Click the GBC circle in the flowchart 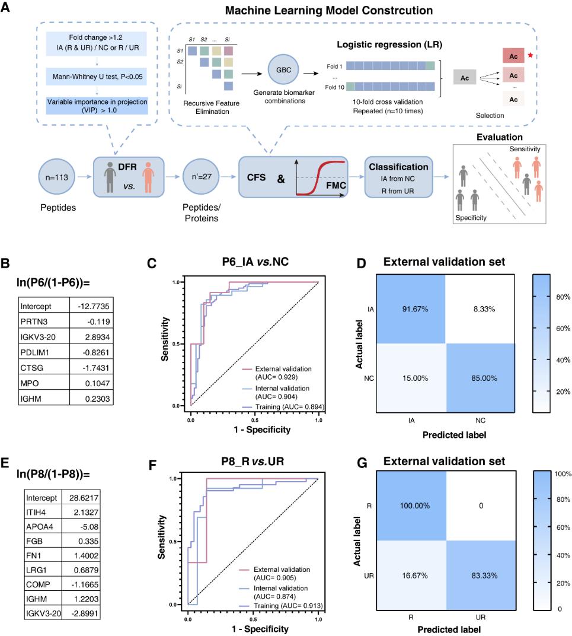(x=283, y=70)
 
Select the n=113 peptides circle (x=57, y=177)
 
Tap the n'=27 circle (x=201, y=176)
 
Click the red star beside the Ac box (x=531, y=55)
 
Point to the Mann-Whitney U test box (x=97, y=77)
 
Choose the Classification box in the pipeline (x=398, y=177)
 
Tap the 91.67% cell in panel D (x=411, y=309)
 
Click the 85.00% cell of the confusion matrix (x=480, y=378)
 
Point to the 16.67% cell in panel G (x=411, y=575)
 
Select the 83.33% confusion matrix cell (x=481, y=575)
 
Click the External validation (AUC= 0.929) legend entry (x=277, y=373)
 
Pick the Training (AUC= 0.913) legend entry (x=282, y=606)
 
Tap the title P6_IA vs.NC (x=255, y=262)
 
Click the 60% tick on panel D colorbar (x=563, y=328)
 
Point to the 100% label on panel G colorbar (x=563, y=474)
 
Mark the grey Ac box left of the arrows (x=465, y=78)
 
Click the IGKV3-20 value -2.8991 (x=85, y=613)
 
